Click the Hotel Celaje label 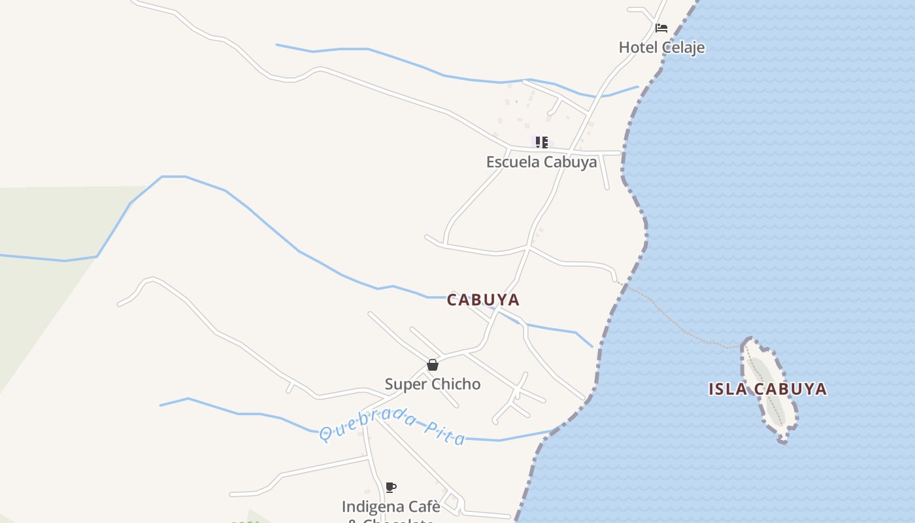tap(661, 47)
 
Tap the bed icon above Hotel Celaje tap(661, 28)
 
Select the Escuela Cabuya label tap(541, 162)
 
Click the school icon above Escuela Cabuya tap(541, 142)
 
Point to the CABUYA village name tap(483, 300)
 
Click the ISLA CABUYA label tap(768, 389)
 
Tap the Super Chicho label tap(432, 384)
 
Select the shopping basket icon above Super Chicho tap(432, 365)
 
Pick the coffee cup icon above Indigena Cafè tap(391, 487)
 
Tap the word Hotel tap(639, 47)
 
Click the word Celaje tap(683, 47)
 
